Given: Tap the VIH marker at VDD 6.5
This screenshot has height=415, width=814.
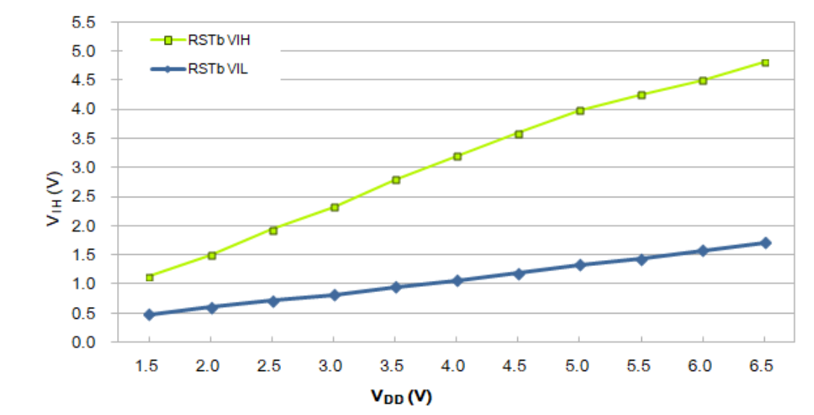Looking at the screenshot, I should click(x=765, y=63).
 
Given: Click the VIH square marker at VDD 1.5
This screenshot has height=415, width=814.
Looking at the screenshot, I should click(x=149, y=277).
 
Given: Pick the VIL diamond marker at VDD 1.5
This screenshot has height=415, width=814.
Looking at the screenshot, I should click(x=149, y=314).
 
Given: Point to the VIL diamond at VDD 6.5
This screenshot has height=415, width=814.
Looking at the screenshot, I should click(x=765, y=243).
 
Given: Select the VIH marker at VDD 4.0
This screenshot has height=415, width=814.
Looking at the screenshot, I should click(x=457, y=156).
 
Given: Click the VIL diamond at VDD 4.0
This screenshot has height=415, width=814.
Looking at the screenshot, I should click(x=457, y=281).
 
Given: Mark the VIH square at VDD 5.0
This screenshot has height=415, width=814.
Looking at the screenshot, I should click(x=580, y=110).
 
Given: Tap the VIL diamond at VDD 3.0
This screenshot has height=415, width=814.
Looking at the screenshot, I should click(x=334, y=295).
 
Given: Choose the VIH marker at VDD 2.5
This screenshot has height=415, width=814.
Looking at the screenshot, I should click(x=273, y=231).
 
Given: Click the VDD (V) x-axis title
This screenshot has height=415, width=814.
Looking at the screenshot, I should click(x=401, y=396).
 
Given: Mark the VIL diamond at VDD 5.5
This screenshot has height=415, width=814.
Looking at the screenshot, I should click(x=642, y=259).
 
